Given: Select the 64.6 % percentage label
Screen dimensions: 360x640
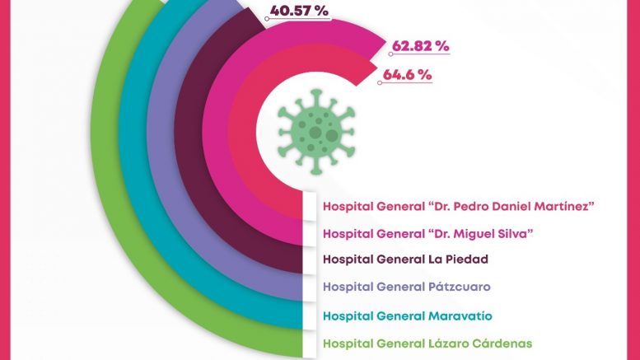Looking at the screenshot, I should [406, 74].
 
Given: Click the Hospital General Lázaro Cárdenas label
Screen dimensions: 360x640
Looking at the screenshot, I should [427, 344].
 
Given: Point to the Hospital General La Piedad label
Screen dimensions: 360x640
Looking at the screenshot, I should [406, 259].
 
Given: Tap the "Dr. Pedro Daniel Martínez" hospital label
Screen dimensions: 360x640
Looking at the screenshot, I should [459, 205].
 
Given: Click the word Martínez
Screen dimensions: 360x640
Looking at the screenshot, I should [561, 205].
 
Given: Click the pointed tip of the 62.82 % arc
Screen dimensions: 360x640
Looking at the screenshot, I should [385, 40].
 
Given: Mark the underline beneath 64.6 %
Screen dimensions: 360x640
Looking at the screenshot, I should [406, 83].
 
